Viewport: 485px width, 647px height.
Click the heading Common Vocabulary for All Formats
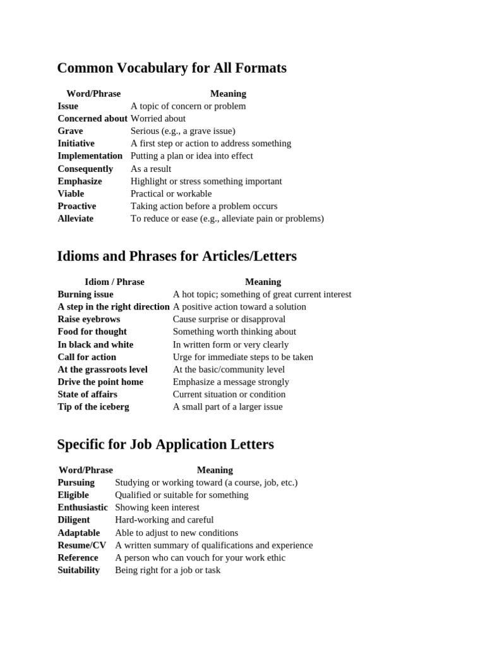click(172, 68)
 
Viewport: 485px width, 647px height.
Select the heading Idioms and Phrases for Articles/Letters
click(177, 257)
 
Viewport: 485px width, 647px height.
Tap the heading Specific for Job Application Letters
click(165, 445)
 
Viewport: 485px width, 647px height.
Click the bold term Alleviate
click(75, 219)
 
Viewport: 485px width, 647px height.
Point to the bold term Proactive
click(76, 206)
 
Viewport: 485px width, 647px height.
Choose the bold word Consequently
click(85, 169)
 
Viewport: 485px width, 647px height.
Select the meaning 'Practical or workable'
click(171, 194)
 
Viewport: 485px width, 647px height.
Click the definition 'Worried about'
click(158, 119)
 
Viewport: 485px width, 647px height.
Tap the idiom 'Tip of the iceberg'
click(93, 407)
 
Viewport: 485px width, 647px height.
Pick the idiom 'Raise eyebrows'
click(88, 319)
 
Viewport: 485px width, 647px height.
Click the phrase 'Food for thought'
click(92, 332)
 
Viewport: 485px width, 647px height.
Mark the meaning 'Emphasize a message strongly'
click(231, 382)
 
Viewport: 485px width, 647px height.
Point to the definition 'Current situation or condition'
click(229, 394)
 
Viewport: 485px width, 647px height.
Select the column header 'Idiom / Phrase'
click(114, 282)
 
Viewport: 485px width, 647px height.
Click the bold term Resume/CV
click(81, 545)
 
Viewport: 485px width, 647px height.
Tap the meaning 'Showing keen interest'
click(157, 507)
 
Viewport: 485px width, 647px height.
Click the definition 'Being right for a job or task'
click(167, 570)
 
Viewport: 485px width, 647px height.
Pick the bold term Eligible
click(73, 495)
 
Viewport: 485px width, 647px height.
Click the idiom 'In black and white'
click(95, 344)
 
